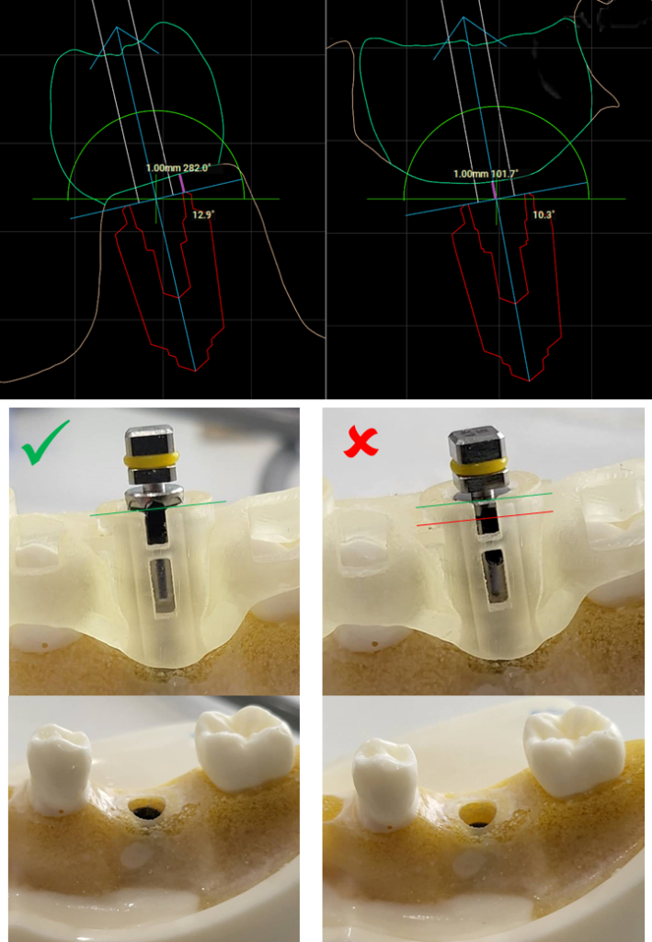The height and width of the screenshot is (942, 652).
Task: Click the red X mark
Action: coord(360,442)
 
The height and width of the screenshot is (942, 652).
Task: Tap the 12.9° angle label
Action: coord(203,214)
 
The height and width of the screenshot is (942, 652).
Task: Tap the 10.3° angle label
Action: coord(543,214)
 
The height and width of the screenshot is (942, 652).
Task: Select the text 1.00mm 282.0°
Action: coord(178,168)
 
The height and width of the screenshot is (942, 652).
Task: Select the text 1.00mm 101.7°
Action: coord(486,174)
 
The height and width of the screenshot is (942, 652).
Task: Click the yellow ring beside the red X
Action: coord(478,466)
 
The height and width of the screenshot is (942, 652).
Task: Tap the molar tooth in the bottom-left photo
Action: coord(245,747)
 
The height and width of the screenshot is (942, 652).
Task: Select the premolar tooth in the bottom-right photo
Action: coord(384,781)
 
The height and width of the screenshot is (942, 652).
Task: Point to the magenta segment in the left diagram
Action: coord(182,183)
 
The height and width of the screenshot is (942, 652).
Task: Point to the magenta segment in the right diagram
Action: coord(494,189)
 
